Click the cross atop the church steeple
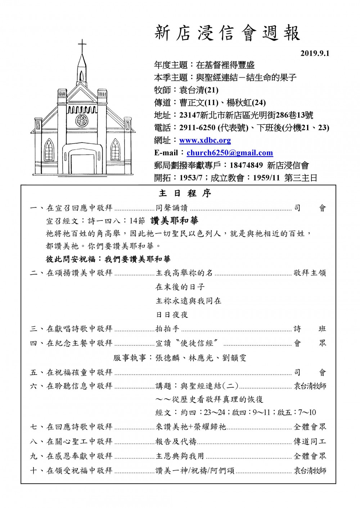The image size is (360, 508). pos(82,45)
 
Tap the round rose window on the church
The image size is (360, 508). pos(82,120)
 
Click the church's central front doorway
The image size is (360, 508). pos(82,164)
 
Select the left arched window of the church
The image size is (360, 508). pos(48,149)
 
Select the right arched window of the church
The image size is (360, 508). pos(116,149)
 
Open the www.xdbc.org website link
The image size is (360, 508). pos(205,140)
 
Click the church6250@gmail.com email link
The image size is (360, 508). pos(229,153)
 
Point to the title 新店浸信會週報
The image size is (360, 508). pos(227,33)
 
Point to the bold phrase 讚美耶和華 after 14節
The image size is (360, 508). pos(174,221)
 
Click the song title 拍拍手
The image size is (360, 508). pos(167,329)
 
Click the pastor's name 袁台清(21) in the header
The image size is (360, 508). pos(199,90)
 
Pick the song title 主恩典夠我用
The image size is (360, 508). pos(180,456)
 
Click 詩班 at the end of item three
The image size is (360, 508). pos(310,329)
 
